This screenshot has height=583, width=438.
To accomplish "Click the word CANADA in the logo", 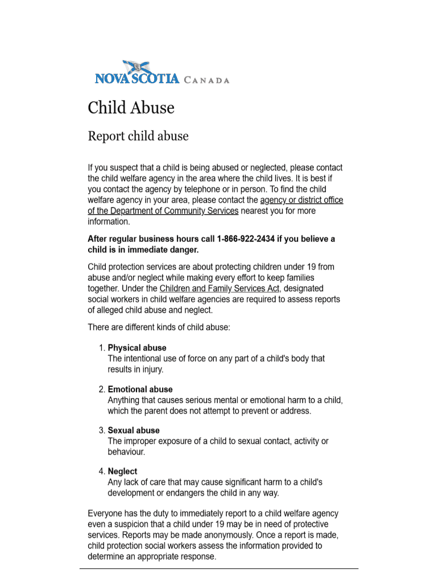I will point(207,80).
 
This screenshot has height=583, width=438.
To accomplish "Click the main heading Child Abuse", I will point(131,108).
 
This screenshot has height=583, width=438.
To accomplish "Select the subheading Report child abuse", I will point(138,136).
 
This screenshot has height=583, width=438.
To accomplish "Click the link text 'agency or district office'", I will point(301,200).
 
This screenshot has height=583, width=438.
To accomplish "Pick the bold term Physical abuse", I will point(137,348).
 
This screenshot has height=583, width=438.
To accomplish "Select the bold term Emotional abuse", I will point(140,389).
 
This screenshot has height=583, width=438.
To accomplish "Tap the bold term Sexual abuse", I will point(134,430).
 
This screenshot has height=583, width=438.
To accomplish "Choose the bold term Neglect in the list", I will point(122,471).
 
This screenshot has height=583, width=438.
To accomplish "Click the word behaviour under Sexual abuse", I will point(126,452).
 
